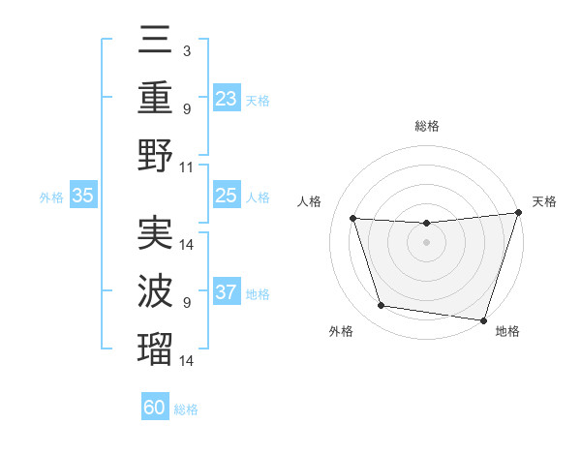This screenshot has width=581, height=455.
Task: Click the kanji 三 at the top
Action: pos(156,41)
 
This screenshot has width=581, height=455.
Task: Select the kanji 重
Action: pos(156,97)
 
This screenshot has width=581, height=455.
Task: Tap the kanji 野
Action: pos(156,155)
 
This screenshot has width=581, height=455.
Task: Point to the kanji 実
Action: pos(156,232)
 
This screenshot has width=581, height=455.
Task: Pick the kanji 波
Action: pos(156,290)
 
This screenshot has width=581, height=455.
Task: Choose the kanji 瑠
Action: pos(156,349)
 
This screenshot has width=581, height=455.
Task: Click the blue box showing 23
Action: pos(227,98)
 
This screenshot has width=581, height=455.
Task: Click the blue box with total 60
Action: pos(155,408)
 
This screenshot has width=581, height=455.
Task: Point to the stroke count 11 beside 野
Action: pos(188,167)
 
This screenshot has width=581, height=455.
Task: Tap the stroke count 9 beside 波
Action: pos(187,302)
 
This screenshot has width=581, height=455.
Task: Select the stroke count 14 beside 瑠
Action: pos(188,360)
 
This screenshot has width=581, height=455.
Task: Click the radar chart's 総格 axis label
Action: pos(426,126)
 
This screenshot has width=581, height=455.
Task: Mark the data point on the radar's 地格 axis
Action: pos(483,318)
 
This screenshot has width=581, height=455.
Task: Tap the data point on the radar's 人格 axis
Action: pos(353,219)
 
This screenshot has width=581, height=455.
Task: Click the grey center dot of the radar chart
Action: pos(426,242)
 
